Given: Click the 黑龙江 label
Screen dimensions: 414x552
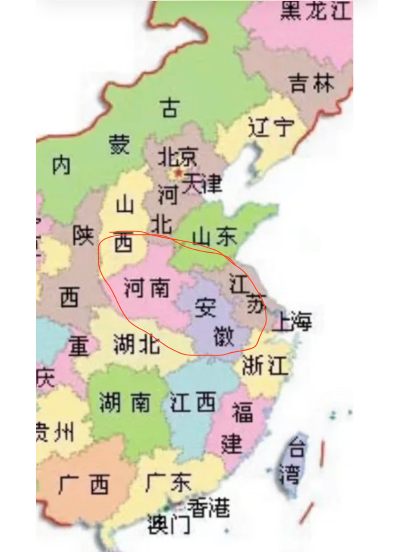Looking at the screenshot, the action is tap(316, 10).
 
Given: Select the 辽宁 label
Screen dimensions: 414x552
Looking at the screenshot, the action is tap(271, 127).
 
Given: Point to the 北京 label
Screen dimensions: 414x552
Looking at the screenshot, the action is tap(177, 157).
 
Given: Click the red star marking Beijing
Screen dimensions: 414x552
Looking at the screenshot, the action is tap(178, 174).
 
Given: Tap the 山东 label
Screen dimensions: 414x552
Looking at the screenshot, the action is tap(214, 237).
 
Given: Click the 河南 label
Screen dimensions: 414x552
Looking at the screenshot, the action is tap(147, 288).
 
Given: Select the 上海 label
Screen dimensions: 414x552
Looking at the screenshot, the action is tap(292, 321).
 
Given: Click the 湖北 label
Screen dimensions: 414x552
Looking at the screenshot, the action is tap(136, 344).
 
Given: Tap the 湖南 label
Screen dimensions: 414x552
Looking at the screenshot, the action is tap(125, 402).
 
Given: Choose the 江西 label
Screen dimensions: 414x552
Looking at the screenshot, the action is tap(193, 402).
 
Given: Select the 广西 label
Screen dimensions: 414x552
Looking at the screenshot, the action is tap(84, 485).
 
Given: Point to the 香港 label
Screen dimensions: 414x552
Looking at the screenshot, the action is tap(208, 508).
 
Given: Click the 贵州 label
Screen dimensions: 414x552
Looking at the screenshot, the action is tap(55, 431).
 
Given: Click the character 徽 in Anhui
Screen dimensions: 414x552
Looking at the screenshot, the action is tap(224, 336).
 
